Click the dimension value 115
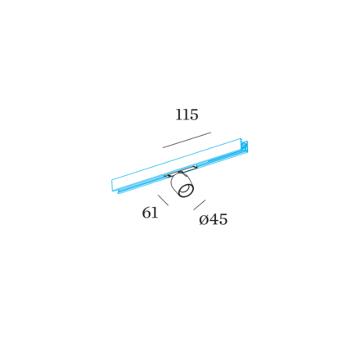tap(187, 115)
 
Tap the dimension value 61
tap(150, 213)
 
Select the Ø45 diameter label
tap(214, 219)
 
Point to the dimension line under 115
tap(187, 140)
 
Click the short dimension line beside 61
tap(163, 200)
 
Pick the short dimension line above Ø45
tap(200, 205)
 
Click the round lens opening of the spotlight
tap(186, 191)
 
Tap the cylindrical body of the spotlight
tap(182, 186)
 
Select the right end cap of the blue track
tap(245, 147)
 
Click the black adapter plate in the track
tap(181, 171)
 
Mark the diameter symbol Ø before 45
tap(204, 220)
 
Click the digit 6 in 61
tap(146, 213)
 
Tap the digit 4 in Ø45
tap(214, 219)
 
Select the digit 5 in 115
tap(194, 115)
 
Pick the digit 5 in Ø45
tap(223, 219)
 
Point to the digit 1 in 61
tap(155, 213)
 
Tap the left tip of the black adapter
tap(164, 176)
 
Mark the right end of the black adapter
tap(197, 166)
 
